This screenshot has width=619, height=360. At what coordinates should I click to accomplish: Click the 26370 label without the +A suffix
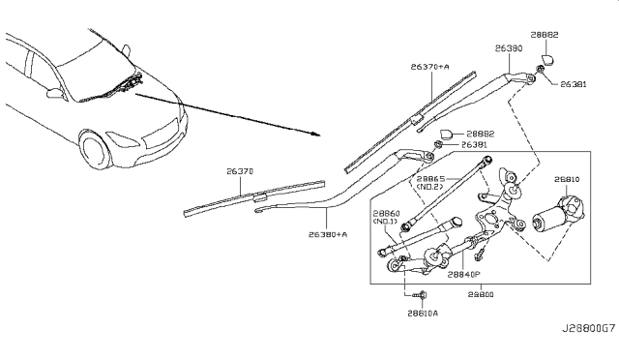[x=241, y=170]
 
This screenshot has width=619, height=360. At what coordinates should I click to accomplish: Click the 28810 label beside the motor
[x=568, y=179]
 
